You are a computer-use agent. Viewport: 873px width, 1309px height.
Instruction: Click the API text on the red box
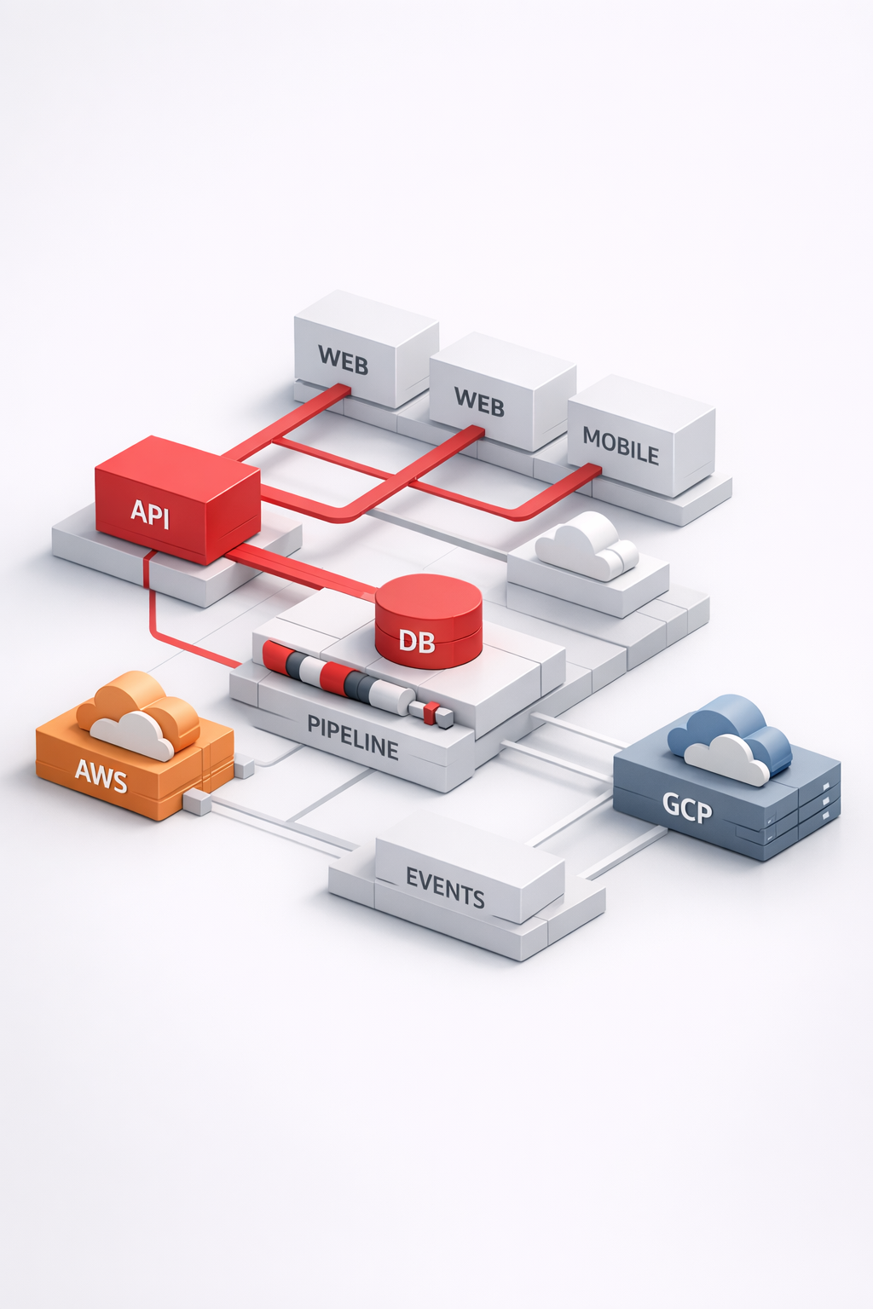(x=150, y=514)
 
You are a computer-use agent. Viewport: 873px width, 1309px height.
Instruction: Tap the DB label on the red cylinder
(x=417, y=641)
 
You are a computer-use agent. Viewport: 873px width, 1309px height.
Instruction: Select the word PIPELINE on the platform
(x=353, y=738)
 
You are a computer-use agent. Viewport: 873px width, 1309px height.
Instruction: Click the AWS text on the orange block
(x=101, y=776)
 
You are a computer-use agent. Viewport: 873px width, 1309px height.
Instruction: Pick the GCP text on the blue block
(x=687, y=806)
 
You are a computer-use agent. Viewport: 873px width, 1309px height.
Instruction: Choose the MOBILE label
(x=621, y=446)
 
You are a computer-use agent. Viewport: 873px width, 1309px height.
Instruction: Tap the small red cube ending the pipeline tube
(x=432, y=710)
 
